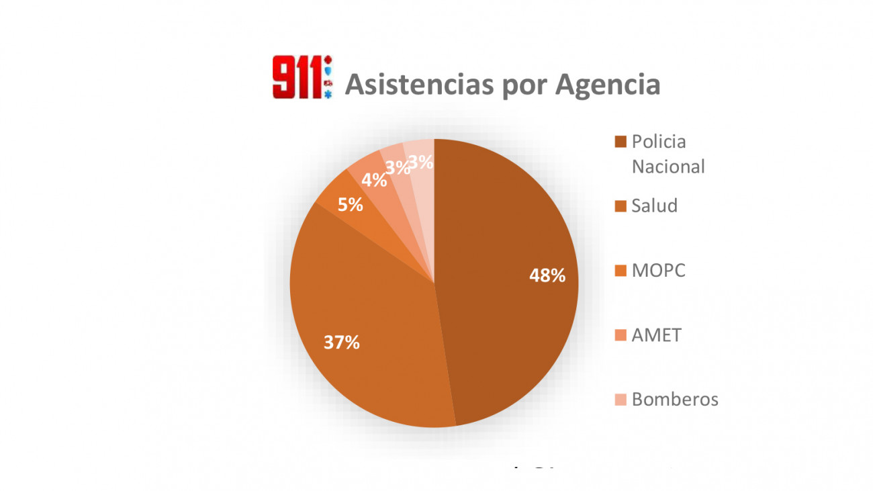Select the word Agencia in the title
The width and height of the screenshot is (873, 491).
point(607,85)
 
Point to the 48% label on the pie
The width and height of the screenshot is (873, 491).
point(547,275)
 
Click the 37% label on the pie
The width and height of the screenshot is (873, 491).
point(341,343)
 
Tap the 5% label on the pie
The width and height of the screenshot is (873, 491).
point(351,205)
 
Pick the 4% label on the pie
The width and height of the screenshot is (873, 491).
point(374,180)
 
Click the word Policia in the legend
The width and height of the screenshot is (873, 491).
point(659,142)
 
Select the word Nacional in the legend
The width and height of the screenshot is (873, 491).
point(668,166)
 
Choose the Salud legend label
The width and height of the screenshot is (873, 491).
point(654,206)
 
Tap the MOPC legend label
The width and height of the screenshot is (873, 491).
point(659,271)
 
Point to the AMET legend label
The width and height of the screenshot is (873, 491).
point(656,334)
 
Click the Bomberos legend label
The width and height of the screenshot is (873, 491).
point(675,399)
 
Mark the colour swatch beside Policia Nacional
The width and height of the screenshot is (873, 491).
point(621,142)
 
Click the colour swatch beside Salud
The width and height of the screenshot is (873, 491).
point(621,206)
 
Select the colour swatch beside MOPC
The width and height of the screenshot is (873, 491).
point(621,271)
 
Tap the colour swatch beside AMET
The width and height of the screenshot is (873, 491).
point(621,334)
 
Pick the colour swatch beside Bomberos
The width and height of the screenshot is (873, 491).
point(621,400)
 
